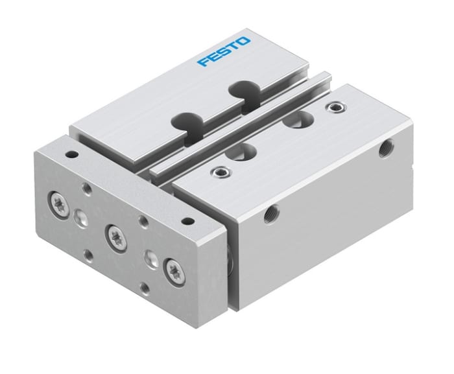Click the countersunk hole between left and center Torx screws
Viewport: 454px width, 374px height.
pyautogui.click(x=81, y=217)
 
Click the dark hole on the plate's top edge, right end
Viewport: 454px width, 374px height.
pyautogui.click(x=188, y=222)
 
